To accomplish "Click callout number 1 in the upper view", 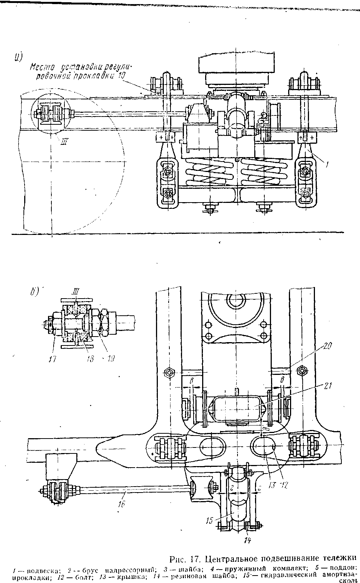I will pos(327,163).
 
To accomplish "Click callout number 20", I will pos(327,345).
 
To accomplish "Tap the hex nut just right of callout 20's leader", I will pos(302,371).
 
